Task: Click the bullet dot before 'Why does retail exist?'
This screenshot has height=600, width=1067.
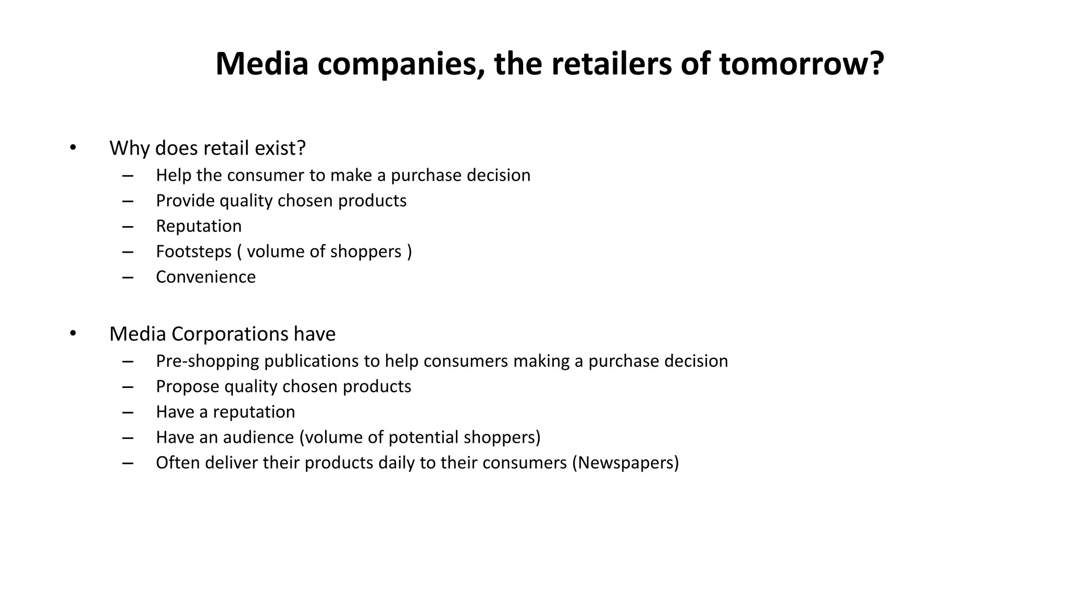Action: point(73,147)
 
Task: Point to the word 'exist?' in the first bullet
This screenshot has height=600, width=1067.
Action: point(280,148)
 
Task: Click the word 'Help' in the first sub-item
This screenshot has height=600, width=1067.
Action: point(173,175)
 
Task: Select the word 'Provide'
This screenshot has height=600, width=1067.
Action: point(185,201)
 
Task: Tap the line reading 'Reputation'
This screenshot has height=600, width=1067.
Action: point(198,226)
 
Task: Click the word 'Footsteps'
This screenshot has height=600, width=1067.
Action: point(193,251)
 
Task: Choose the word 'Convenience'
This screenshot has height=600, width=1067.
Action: point(206,277)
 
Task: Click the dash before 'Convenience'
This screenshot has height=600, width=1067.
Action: point(128,277)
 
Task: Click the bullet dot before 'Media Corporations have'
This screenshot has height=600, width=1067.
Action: point(73,333)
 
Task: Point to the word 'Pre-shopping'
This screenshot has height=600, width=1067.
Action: point(207,361)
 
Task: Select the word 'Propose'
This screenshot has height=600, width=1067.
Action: point(187,386)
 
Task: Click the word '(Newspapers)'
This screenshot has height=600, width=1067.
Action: point(625,463)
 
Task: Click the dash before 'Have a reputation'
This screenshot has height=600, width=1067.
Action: point(128,412)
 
